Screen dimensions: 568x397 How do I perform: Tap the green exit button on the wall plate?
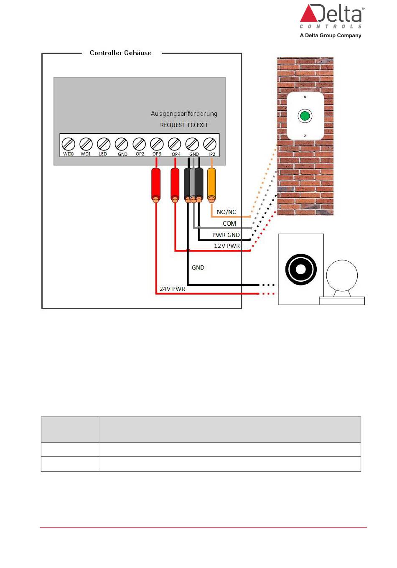[305, 116]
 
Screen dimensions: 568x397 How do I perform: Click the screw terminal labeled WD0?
[68, 144]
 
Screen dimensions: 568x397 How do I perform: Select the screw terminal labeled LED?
[103, 144]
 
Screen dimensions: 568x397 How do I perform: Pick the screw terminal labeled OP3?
[157, 144]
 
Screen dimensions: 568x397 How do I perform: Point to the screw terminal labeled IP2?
[210, 144]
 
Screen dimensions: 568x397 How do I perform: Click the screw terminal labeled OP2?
[139, 144]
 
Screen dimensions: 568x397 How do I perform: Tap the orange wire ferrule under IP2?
[212, 184]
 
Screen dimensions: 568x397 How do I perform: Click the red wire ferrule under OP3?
[156, 184]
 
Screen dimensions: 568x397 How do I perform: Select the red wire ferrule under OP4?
[175, 184]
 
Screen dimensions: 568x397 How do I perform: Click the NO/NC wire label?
[226, 212]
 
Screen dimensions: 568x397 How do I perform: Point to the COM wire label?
[229, 224]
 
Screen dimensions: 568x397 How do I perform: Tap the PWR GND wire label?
[226, 235]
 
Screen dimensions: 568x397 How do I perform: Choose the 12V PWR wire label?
[226, 246]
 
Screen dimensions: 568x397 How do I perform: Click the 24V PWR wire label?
[172, 289]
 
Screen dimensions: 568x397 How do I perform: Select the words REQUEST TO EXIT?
[184, 125]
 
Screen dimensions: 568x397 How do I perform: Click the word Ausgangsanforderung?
[184, 114]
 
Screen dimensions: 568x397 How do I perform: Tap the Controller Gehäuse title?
[120, 53]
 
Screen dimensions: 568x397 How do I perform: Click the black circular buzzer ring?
[301, 270]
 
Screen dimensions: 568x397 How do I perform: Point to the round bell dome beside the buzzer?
[342, 276]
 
